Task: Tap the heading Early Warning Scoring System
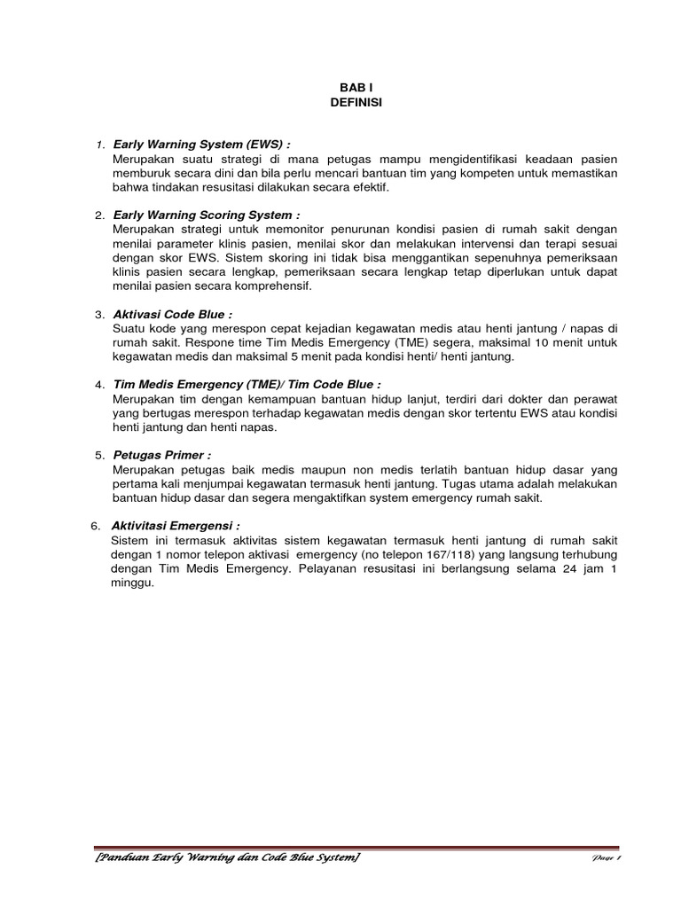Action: coord(207,215)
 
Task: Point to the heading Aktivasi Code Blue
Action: coord(173,314)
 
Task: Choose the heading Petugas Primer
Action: coord(162,455)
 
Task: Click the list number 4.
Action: coord(99,385)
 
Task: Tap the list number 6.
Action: coord(96,526)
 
